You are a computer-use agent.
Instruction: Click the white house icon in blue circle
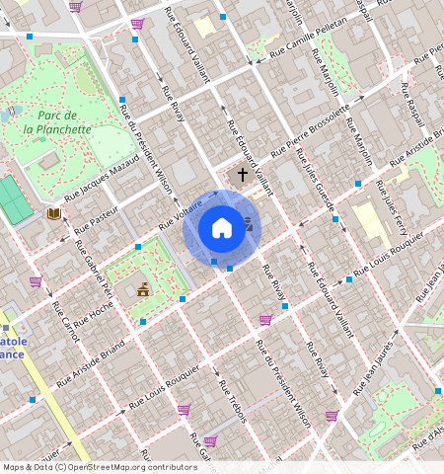(222, 228)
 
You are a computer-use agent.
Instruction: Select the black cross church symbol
(242, 174)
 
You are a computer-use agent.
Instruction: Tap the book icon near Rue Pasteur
(53, 213)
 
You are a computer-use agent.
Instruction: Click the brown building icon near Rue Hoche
(143, 289)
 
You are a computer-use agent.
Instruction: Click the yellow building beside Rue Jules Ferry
(369, 224)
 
